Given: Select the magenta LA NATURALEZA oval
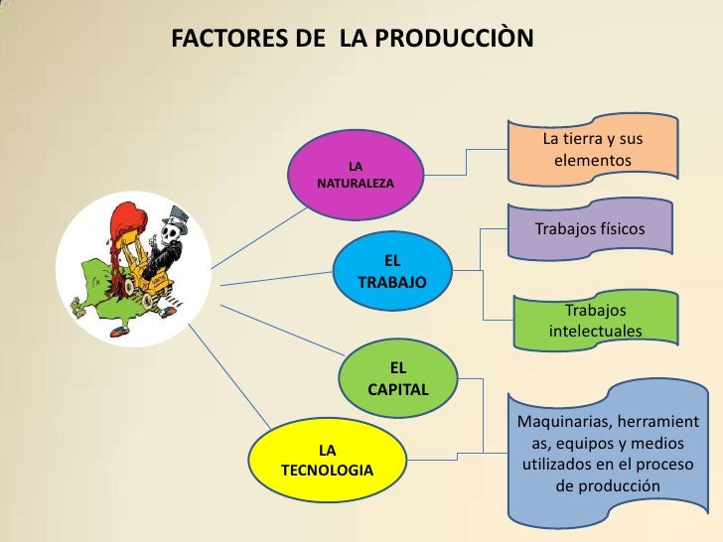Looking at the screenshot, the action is (x=356, y=174).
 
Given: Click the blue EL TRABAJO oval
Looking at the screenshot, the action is (x=392, y=271).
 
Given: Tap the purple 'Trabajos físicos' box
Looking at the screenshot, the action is (x=590, y=229).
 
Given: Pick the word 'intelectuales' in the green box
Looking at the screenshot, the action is (x=595, y=331).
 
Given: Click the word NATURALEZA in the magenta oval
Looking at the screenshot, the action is (x=356, y=185).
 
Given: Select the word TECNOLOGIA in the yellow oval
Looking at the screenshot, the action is (x=328, y=470).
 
